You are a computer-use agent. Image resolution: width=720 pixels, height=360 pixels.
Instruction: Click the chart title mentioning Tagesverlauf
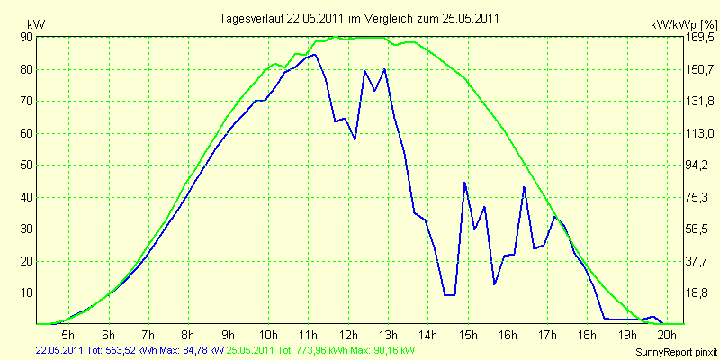(359, 18)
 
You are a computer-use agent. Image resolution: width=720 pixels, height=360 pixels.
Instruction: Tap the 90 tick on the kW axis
(25, 37)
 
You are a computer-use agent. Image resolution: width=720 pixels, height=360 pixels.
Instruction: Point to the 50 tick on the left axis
(25, 166)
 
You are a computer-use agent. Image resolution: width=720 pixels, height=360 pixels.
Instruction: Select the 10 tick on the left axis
(25, 293)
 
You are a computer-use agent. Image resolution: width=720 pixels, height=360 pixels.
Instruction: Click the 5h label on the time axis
(68, 334)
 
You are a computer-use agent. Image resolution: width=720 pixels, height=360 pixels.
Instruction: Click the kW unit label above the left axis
(36, 24)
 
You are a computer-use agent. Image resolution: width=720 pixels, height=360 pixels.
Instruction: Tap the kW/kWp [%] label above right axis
(684, 24)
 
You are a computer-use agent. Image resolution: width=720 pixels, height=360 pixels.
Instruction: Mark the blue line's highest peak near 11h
(314, 55)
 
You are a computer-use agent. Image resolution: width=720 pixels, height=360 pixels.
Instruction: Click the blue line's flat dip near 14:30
(449, 295)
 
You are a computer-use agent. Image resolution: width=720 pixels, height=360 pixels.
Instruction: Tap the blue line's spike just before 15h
(464, 183)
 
